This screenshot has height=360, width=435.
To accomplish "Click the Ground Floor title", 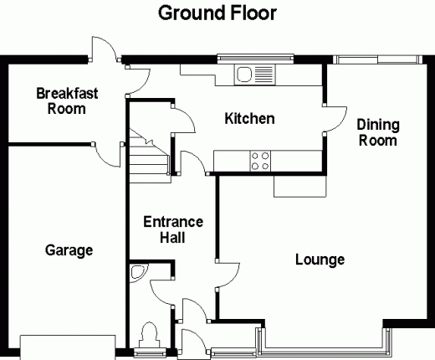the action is click(x=217, y=13).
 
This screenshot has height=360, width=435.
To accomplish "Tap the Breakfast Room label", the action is click(x=67, y=101).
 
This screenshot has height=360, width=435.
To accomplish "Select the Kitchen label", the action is click(x=249, y=118).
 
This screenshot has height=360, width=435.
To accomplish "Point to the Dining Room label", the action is click(x=378, y=132).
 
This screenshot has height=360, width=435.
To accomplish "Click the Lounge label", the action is click(x=320, y=260).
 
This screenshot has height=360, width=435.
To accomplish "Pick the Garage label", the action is click(x=69, y=250).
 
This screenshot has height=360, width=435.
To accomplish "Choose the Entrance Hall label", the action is click(x=173, y=229).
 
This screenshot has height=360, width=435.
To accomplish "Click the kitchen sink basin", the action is click(x=244, y=75).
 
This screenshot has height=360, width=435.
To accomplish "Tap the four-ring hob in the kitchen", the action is click(x=260, y=161).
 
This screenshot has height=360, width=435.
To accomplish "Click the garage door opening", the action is click(x=68, y=347).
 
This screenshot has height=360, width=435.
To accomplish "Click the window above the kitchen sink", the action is click(x=255, y=58).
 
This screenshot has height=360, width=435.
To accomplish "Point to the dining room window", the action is click(x=377, y=59).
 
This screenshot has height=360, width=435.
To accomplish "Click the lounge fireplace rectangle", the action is click(x=299, y=186).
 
